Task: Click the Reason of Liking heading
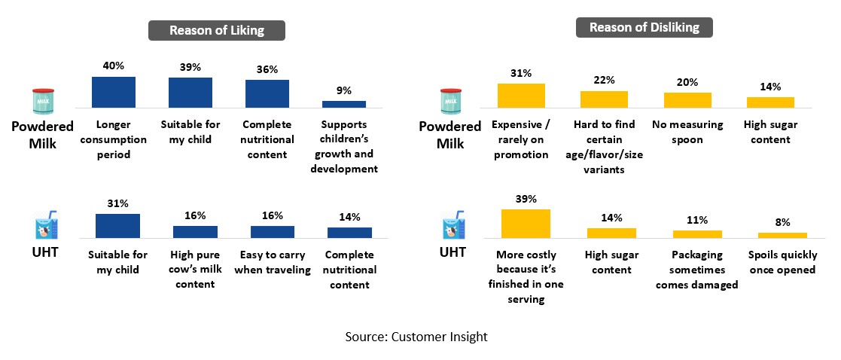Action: [x=216, y=30]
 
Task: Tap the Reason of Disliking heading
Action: [x=644, y=28]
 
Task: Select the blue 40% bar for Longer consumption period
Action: [x=113, y=92]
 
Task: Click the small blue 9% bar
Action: [x=343, y=104]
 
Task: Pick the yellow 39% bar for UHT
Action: [x=526, y=223]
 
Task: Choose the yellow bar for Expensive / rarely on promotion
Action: [x=521, y=96]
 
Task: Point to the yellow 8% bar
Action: [x=782, y=235]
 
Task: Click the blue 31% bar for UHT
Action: [x=117, y=226]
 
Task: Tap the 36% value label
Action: [x=267, y=69]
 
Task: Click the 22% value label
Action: [x=604, y=80]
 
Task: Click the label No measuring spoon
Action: [x=687, y=132]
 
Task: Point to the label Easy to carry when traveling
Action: [x=273, y=262]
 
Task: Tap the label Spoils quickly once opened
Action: [x=782, y=262]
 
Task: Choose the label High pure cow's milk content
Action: [x=195, y=269]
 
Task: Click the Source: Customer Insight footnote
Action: [x=416, y=337]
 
